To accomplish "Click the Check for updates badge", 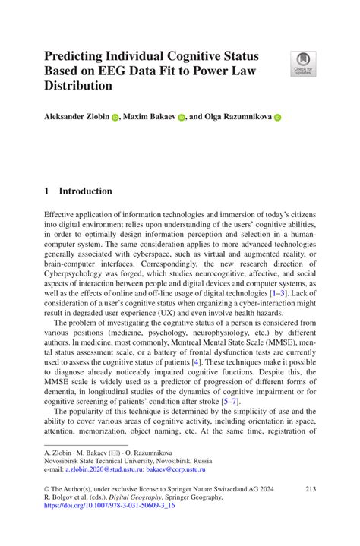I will [303, 63].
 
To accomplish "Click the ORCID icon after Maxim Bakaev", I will [182, 118].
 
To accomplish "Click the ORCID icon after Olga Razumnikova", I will [277, 118].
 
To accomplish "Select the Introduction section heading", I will [86, 191].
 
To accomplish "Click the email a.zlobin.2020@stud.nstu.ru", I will [114, 470].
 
